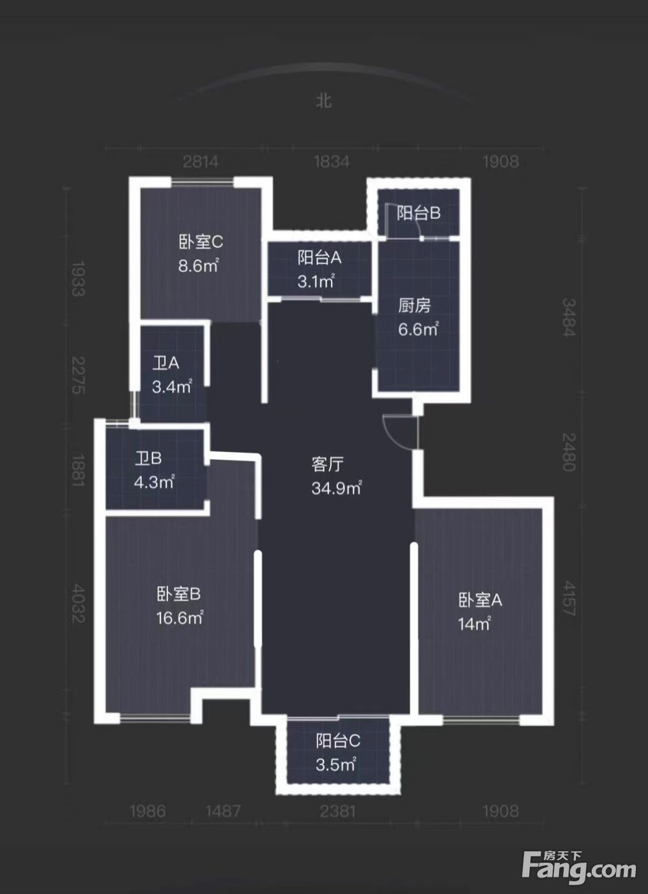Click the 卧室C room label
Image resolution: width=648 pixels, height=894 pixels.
pos(201,242)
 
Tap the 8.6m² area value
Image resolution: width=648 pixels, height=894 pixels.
pos(199,266)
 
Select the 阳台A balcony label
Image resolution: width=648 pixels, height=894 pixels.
pos(319,258)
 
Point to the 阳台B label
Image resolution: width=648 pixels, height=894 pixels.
pos(419,213)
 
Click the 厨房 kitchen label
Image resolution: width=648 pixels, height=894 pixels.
pos(414,306)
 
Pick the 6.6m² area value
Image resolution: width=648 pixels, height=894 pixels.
pos(419,330)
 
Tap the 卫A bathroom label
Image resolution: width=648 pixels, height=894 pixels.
pos(166,363)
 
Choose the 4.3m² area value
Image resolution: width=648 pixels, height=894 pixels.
pos(154,483)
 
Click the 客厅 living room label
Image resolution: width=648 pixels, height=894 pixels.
pos(328,464)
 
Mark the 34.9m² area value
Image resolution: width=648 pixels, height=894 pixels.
pos(337,488)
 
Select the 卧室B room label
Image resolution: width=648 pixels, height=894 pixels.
pos(178,595)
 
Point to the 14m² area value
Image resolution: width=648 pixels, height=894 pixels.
pos(474,624)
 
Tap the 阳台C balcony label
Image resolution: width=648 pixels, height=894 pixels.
pos(338,741)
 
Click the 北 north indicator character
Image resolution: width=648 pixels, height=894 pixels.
pos(324,101)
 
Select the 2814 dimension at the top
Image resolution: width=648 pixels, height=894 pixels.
pos(201,162)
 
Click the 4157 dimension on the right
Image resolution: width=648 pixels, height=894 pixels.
pos(569,598)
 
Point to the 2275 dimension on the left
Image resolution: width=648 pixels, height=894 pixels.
pos(79,375)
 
